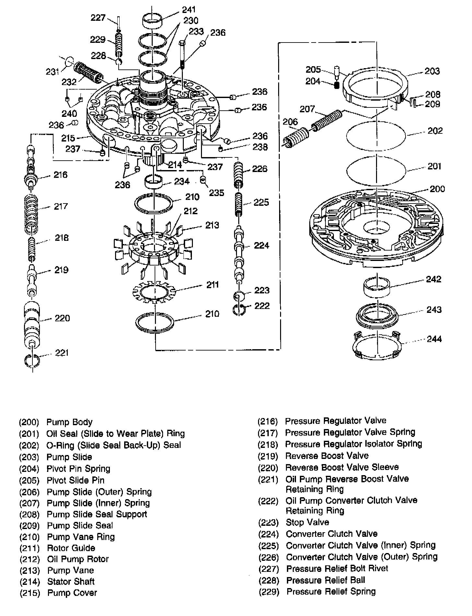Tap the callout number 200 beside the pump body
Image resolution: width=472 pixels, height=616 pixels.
click(437, 189)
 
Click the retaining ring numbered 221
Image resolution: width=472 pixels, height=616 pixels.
click(32, 361)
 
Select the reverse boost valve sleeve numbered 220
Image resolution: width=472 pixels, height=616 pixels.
click(32, 325)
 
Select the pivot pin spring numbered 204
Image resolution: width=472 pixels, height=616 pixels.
click(337, 85)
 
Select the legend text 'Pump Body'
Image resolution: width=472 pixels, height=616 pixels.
click(69, 422)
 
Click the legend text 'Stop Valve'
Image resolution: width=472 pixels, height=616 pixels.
click(307, 522)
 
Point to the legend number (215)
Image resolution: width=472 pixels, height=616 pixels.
click(29, 593)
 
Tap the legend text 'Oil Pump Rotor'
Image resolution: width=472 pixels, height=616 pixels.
click(78, 559)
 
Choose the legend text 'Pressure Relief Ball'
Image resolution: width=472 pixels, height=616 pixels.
click(326, 580)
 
